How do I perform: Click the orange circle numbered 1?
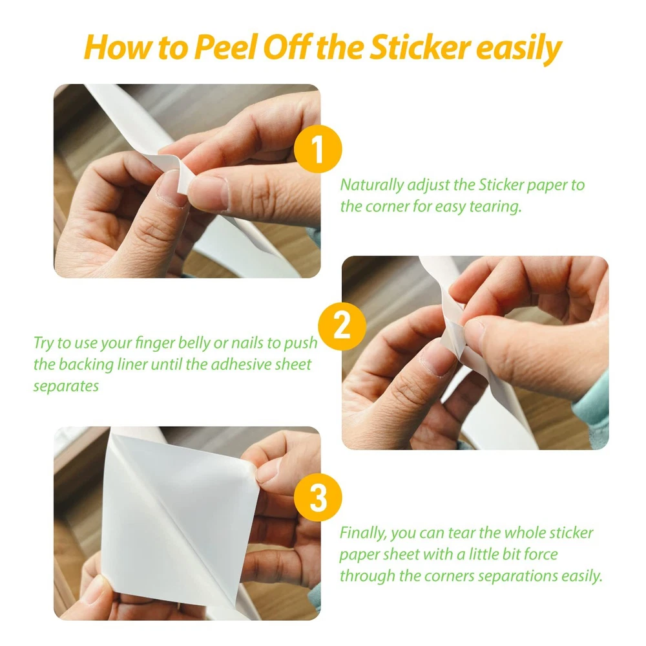click(318, 149)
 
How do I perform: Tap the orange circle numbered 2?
click(342, 327)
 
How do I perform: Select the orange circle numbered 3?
click(318, 497)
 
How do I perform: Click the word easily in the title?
click(519, 49)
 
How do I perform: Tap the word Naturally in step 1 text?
click(371, 185)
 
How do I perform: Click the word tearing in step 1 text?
click(495, 207)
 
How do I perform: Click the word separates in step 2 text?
click(66, 387)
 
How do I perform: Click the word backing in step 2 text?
click(86, 365)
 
